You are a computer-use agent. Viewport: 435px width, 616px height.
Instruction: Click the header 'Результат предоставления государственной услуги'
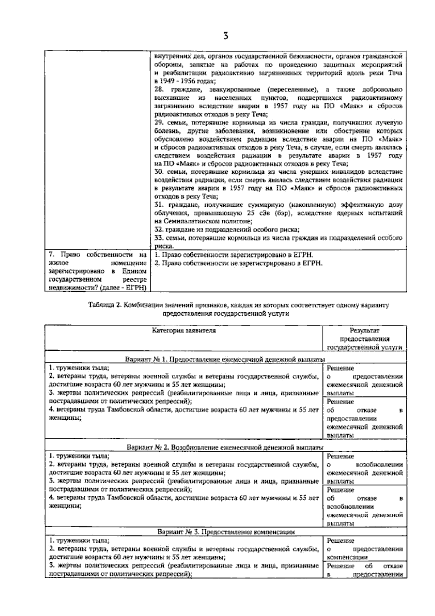tap(364, 339)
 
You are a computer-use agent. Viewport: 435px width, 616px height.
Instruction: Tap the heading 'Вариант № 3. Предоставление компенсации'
tap(226, 532)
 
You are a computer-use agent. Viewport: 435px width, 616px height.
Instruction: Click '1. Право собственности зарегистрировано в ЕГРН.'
tap(233, 255)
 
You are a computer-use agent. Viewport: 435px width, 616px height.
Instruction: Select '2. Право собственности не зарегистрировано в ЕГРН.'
tap(238, 263)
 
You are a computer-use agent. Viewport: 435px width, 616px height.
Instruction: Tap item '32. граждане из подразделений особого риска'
tap(227, 230)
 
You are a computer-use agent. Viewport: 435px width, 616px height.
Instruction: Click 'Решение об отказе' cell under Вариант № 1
tap(364, 418)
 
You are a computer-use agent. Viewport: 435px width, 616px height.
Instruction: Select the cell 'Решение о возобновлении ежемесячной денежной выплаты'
tap(364, 469)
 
